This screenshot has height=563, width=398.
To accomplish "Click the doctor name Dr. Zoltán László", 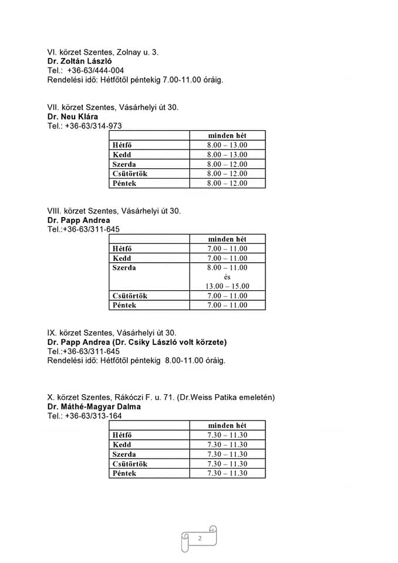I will (x=79, y=61).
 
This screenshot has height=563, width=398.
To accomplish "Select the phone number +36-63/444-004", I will (x=96, y=70).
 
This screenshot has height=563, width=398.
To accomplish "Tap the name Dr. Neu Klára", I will (x=73, y=117).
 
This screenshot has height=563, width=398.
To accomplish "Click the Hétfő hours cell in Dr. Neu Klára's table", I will (x=227, y=145).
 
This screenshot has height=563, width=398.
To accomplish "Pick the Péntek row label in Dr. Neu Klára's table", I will (x=124, y=184).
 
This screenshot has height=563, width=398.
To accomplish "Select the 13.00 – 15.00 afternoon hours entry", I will (x=227, y=286).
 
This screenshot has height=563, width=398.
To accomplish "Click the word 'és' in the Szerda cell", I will (x=227, y=277).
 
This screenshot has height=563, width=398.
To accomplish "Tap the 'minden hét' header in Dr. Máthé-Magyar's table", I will (x=227, y=425).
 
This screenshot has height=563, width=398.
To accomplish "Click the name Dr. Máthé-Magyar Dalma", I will (x=94, y=406).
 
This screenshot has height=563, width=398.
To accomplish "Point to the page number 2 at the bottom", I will (x=200, y=538).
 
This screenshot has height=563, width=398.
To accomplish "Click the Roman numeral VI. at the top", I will (x=52, y=52).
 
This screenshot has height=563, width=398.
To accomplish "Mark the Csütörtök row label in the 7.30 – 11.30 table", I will (x=130, y=464).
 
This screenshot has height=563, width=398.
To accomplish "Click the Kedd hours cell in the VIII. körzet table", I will (x=227, y=258).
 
